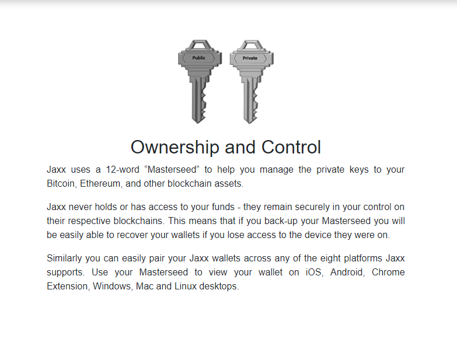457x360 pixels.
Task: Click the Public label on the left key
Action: pos(199,58)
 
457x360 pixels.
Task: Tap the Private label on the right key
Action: pos(250,58)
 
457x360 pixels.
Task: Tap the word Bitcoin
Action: pos(61,184)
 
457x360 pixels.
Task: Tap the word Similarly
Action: pos(66,258)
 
